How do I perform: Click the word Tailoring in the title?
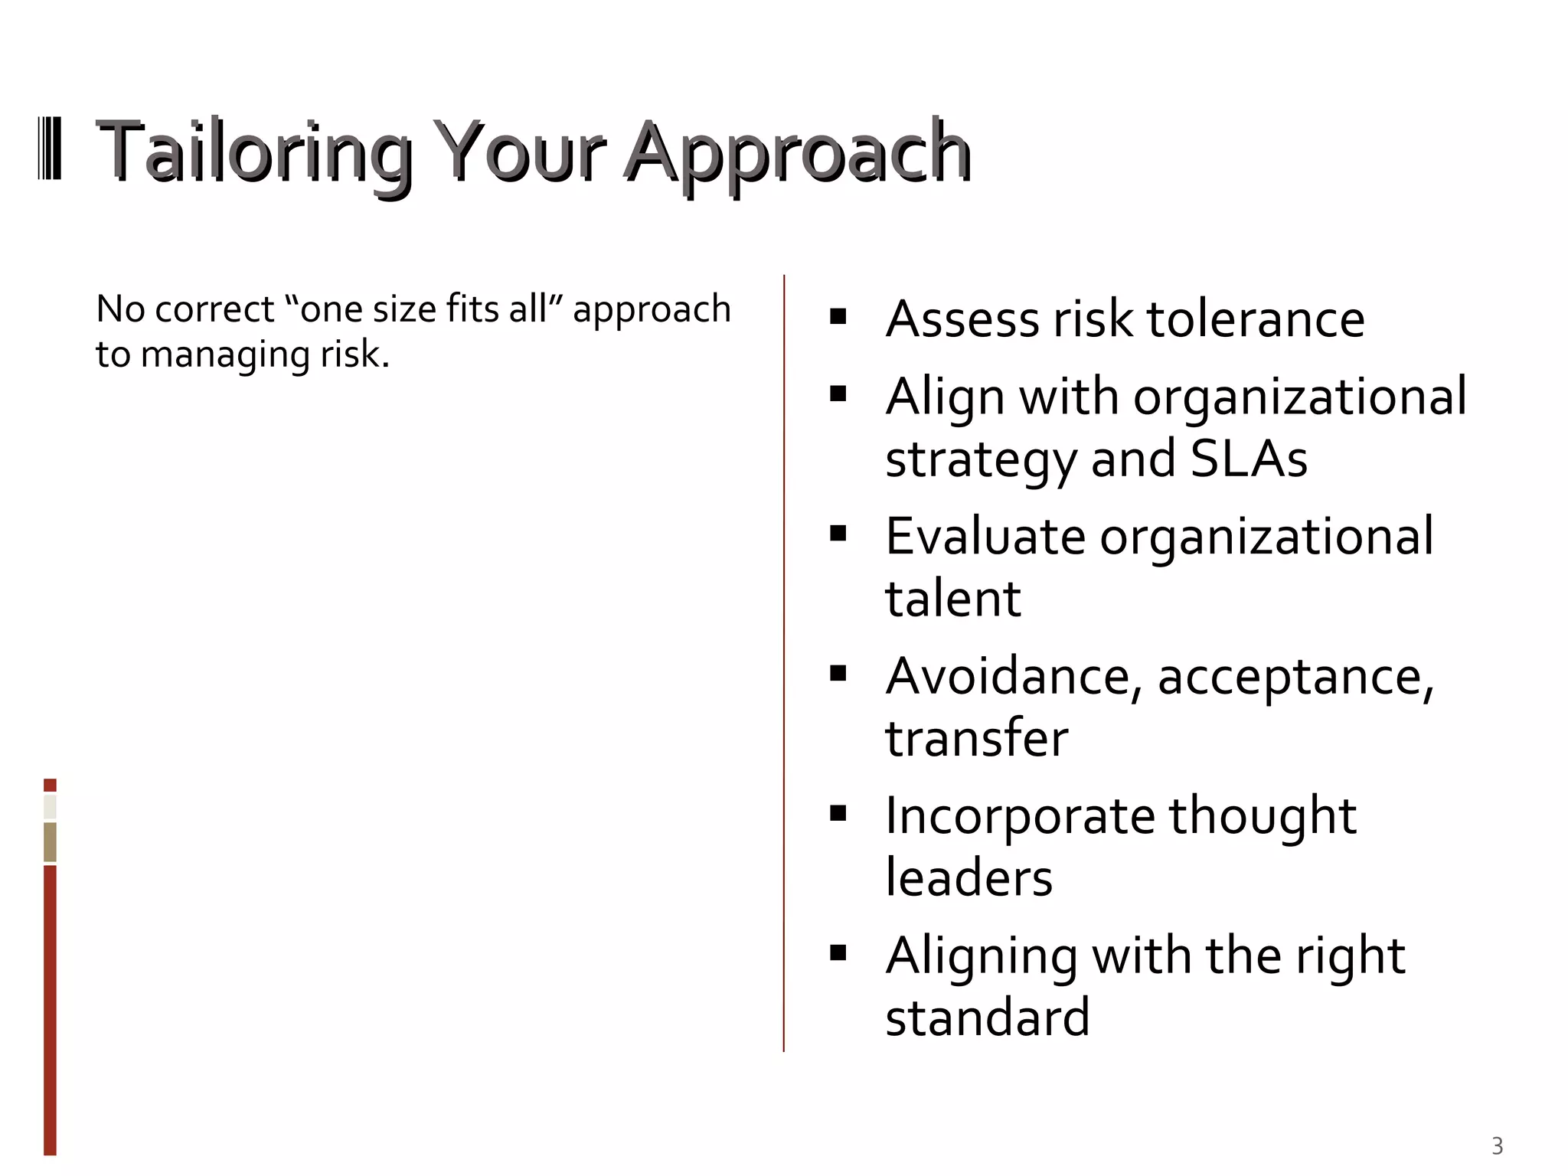point(253,153)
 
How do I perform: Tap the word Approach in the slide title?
point(798,153)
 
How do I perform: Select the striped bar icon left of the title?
point(50,149)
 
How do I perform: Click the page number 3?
point(1497,1146)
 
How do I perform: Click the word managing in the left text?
point(226,355)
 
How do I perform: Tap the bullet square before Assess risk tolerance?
point(838,316)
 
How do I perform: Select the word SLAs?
point(1249,459)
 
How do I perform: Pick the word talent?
point(952,599)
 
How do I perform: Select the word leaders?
point(969,878)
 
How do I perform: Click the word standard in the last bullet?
point(987,1018)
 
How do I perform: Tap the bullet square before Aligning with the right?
point(838,952)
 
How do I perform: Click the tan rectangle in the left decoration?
point(50,842)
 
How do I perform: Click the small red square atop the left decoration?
point(50,785)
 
